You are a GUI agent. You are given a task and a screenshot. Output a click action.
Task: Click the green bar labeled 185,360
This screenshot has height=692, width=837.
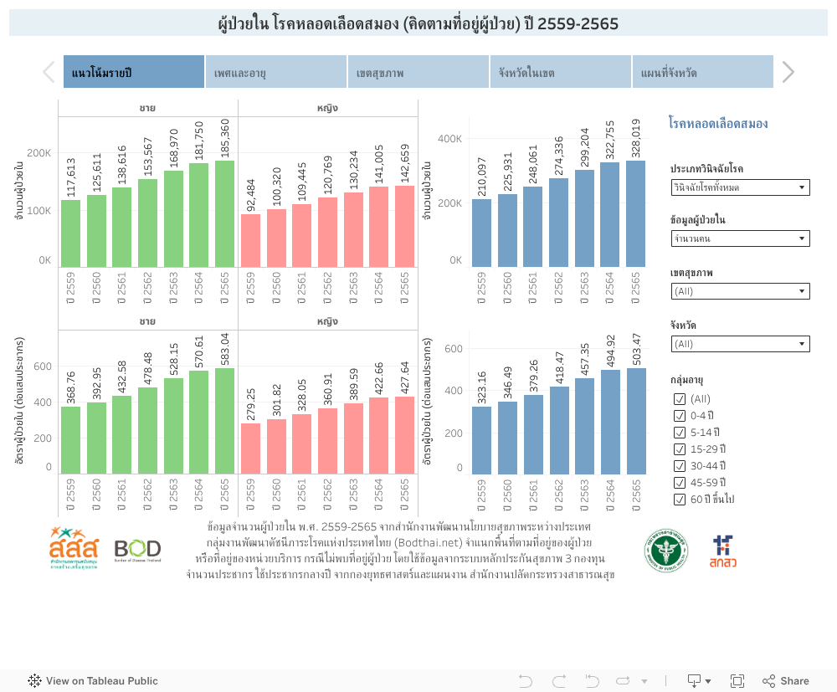point(224,213)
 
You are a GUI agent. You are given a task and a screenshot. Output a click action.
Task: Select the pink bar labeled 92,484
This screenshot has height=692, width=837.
point(250,240)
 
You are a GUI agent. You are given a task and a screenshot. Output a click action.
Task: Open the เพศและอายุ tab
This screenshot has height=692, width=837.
point(275,73)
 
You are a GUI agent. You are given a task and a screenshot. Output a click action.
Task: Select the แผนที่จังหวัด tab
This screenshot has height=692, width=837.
point(701,73)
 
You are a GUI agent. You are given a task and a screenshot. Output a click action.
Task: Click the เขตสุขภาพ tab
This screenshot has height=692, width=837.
point(418,73)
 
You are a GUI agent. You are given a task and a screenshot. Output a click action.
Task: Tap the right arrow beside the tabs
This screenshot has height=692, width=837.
point(788,73)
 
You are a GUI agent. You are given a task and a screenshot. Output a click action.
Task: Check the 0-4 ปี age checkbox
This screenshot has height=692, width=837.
point(680,416)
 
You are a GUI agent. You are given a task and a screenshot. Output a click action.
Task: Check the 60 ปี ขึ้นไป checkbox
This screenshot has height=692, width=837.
point(680,500)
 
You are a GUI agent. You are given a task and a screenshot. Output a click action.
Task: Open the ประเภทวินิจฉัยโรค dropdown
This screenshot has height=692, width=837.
point(740,187)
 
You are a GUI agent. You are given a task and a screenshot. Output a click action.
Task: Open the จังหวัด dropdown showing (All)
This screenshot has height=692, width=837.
point(740,344)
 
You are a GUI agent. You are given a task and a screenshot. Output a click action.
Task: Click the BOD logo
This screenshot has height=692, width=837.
point(137,550)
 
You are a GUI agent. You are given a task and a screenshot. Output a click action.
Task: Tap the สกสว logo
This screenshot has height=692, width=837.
point(721,551)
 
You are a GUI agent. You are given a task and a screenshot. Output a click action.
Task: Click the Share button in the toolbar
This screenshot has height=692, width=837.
point(785,681)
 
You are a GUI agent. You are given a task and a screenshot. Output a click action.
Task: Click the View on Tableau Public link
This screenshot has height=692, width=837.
point(93,681)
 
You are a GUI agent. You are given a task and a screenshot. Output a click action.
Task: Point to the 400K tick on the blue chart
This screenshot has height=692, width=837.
point(451,138)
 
